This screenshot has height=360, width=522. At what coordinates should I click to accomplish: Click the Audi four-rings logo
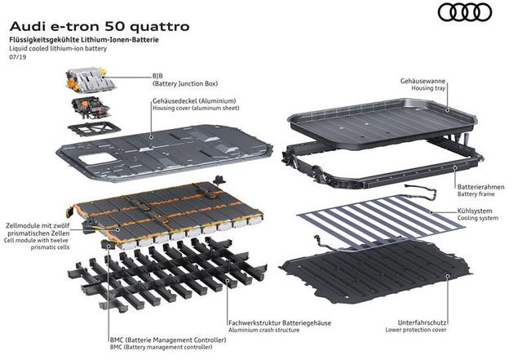pyautogui.click(x=467, y=13)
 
